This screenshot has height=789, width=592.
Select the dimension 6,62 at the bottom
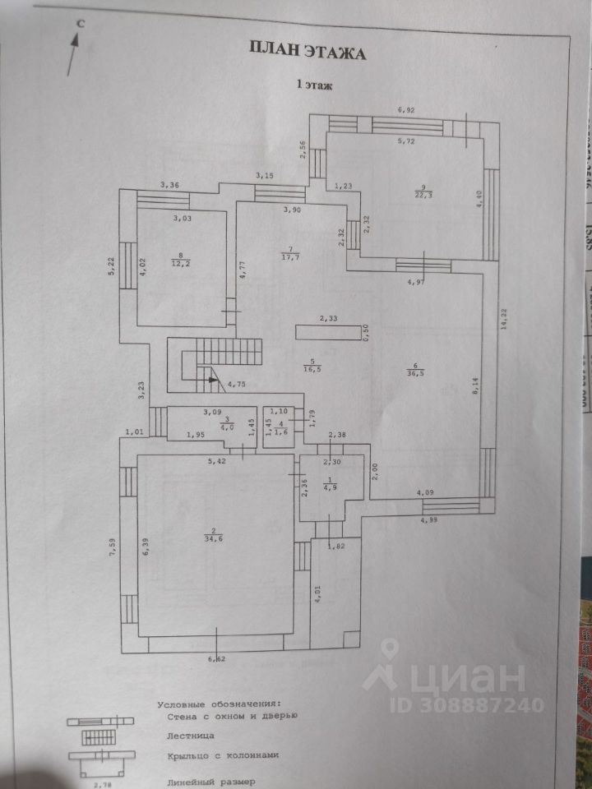216,658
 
